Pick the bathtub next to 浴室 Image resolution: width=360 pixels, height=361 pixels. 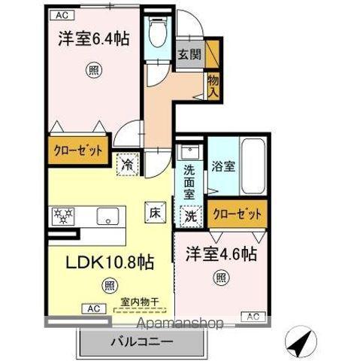[x=253, y=166]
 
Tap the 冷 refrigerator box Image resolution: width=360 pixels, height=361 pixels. [x=128, y=162]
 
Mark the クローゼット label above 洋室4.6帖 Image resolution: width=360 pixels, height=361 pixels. [x=237, y=214]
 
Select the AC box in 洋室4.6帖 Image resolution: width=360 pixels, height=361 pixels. [x=253, y=315]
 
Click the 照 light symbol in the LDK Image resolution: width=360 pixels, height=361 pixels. [x=110, y=285]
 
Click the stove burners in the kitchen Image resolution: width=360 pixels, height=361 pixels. [x=62, y=216]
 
